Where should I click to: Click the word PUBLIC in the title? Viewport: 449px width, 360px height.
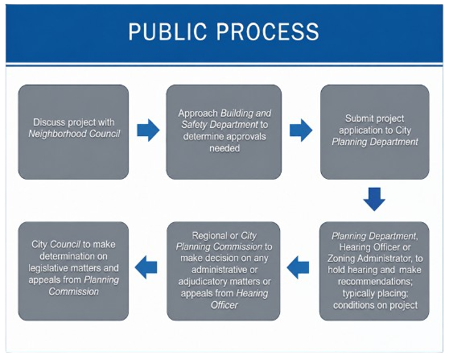(167, 31)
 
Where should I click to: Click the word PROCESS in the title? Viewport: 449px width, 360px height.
(268, 31)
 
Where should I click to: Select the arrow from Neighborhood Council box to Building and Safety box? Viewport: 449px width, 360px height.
(148, 130)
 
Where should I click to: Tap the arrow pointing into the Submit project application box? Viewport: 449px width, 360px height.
(301, 130)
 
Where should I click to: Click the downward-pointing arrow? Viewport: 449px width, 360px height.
(374, 199)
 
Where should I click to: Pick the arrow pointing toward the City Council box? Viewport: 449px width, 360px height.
(146, 267)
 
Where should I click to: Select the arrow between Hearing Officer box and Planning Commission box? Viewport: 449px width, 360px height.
(298, 267)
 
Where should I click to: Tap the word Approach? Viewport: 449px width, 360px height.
(198, 114)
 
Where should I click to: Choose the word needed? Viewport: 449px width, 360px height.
(224, 148)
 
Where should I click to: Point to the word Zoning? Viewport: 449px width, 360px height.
(341, 259)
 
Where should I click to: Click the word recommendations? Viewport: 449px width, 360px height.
(375, 281)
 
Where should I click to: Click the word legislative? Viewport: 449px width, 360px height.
(48, 268)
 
